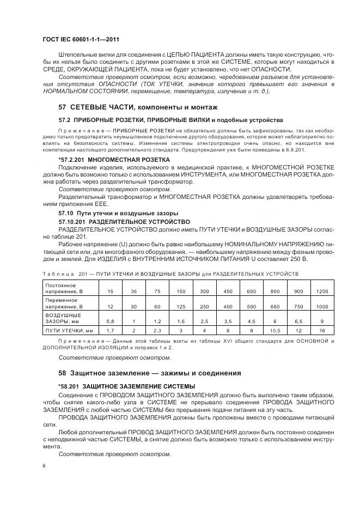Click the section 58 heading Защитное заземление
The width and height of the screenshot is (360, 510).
tap(149, 373)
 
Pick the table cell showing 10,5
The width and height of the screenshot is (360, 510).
tap(275, 330)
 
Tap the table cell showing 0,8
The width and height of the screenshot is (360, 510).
tap(111, 321)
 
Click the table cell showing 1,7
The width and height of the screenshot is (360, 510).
tap(111, 330)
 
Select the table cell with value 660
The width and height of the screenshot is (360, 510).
tap(275, 307)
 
